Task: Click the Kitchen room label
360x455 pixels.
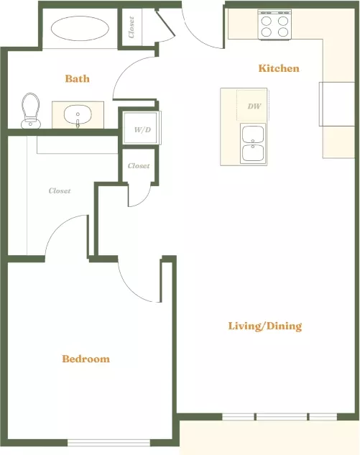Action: [x=279, y=68]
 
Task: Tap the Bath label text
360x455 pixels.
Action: [x=77, y=78]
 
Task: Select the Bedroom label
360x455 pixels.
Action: [x=86, y=359]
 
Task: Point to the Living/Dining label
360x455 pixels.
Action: [x=265, y=326]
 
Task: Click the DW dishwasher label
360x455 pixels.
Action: [x=254, y=106]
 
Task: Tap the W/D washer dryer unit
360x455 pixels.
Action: [x=142, y=128]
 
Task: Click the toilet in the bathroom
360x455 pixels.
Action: [x=30, y=111]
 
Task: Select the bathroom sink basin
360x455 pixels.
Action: [x=78, y=114]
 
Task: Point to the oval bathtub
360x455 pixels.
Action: [x=80, y=29]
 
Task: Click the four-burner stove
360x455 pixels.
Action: [x=274, y=25]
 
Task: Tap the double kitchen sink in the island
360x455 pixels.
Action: [x=253, y=144]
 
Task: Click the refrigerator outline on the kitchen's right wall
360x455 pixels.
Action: [x=337, y=104]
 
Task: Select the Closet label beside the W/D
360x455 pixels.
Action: [x=139, y=166]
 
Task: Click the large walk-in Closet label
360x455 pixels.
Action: [x=60, y=191]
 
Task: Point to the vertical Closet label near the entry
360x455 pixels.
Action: [x=131, y=27]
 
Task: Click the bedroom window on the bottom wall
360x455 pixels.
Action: [x=109, y=443]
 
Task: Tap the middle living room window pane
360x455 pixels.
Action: [x=282, y=417]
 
